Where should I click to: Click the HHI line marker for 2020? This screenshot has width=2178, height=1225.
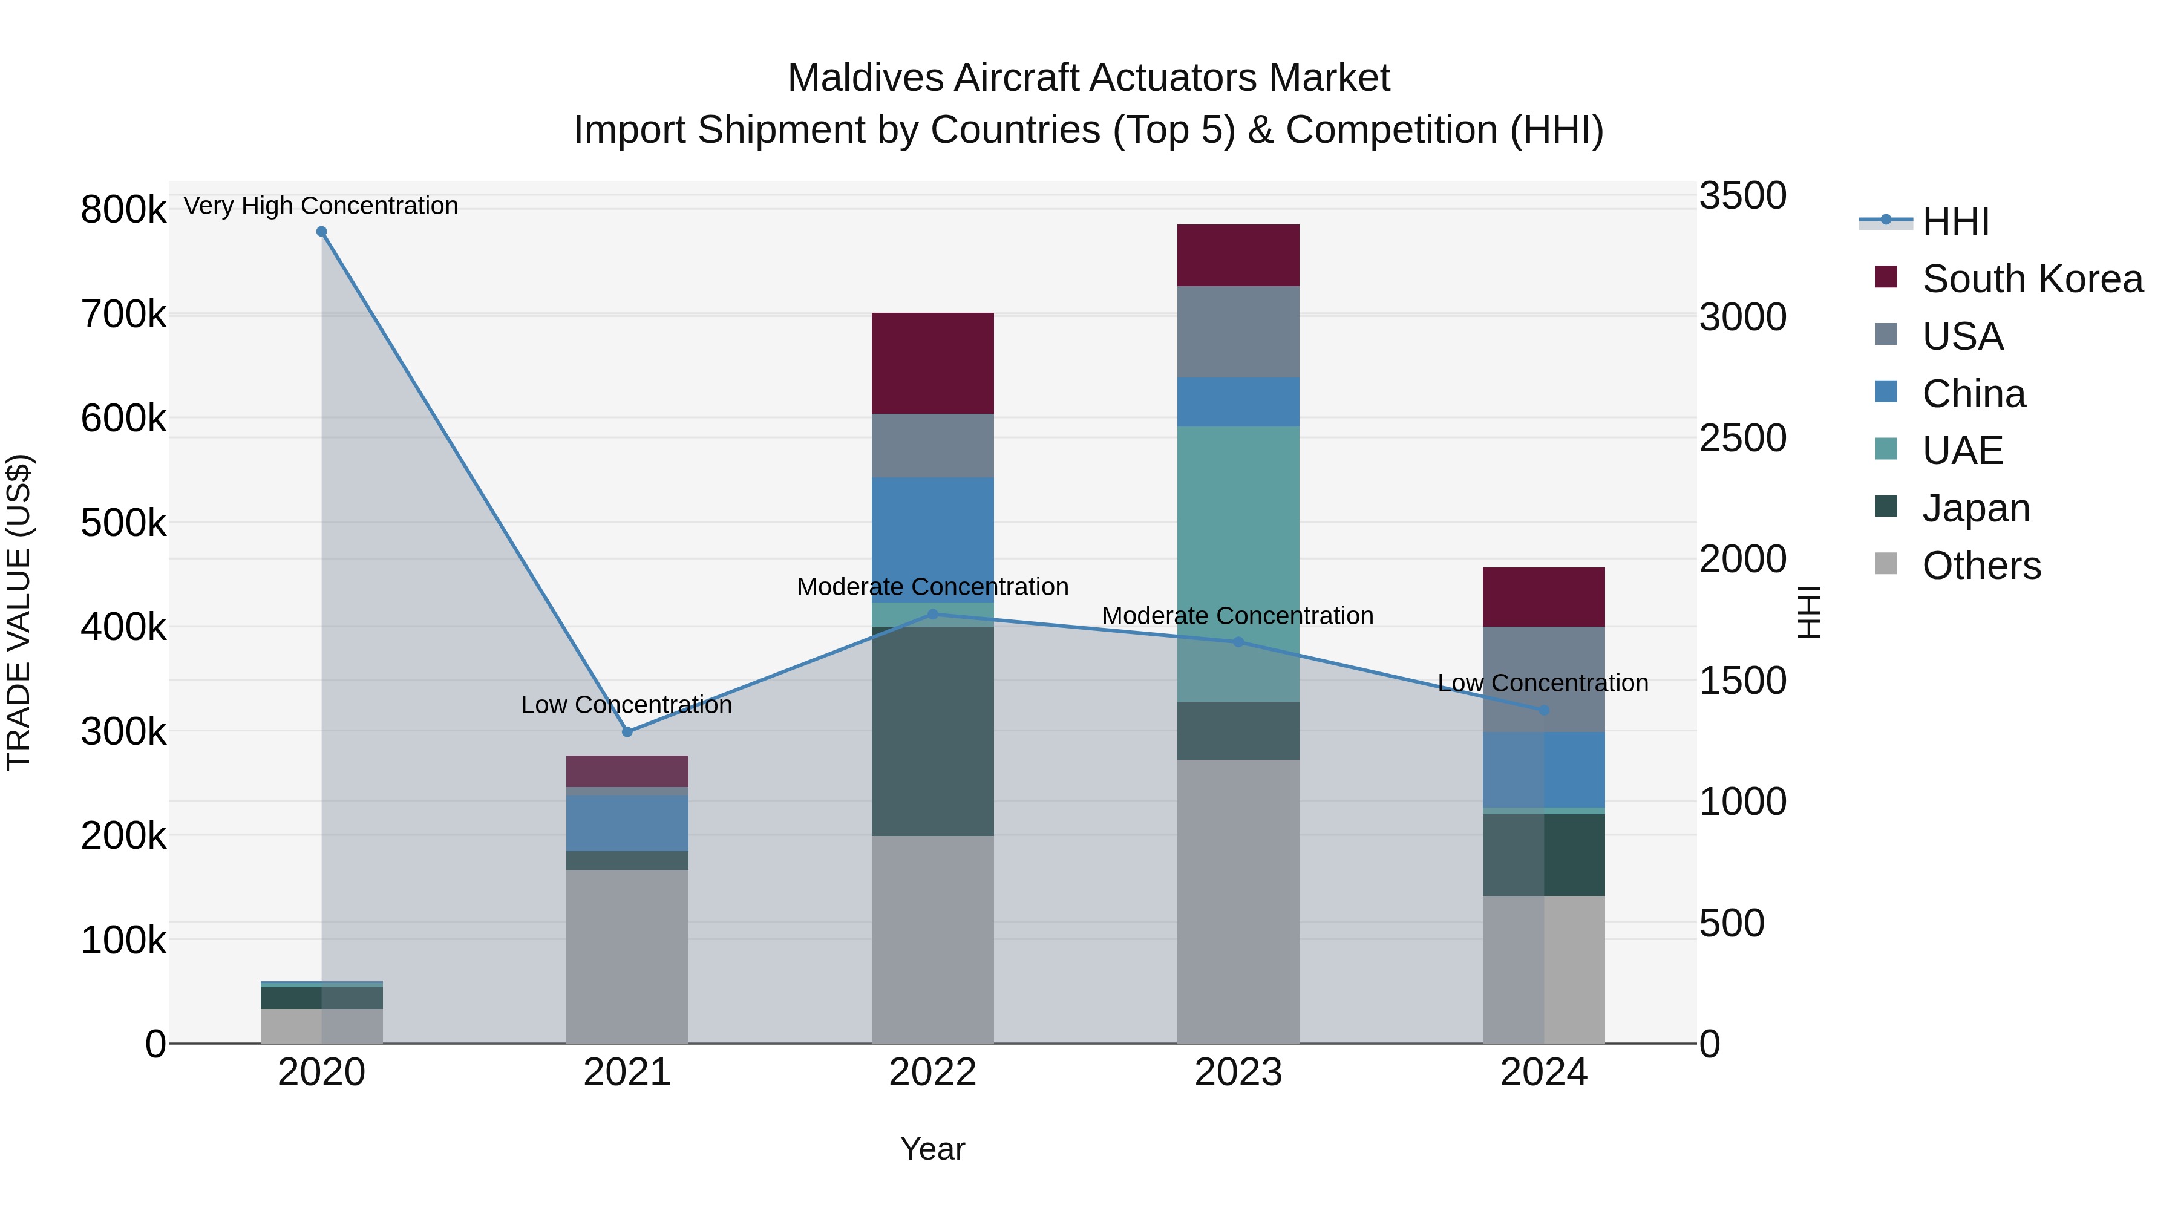(x=321, y=232)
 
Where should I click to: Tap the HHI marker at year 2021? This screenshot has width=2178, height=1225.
(x=627, y=731)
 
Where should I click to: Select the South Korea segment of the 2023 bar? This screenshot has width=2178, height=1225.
(x=1238, y=255)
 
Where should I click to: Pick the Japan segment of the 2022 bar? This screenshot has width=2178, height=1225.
(x=932, y=731)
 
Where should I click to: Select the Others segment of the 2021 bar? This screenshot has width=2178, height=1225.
(x=627, y=955)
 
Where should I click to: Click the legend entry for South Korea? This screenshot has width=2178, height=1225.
(x=2031, y=279)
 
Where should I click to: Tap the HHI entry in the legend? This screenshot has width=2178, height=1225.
(x=1955, y=221)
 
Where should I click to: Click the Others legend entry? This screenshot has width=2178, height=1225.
(x=1980, y=566)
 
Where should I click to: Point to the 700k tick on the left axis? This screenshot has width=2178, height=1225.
(x=123, y=315)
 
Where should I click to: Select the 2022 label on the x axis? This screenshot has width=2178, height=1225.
(x=932, y=1073)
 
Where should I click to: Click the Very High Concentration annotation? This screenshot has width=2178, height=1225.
(x=321, y=206)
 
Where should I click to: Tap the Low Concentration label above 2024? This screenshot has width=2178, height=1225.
(x=1542, y=682)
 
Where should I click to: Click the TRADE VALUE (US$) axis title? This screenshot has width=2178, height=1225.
(x=19, y=612)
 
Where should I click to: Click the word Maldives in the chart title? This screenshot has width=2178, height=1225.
(x=865, y=78)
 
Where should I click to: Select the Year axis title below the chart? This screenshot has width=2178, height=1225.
(x=932, y=1149)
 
